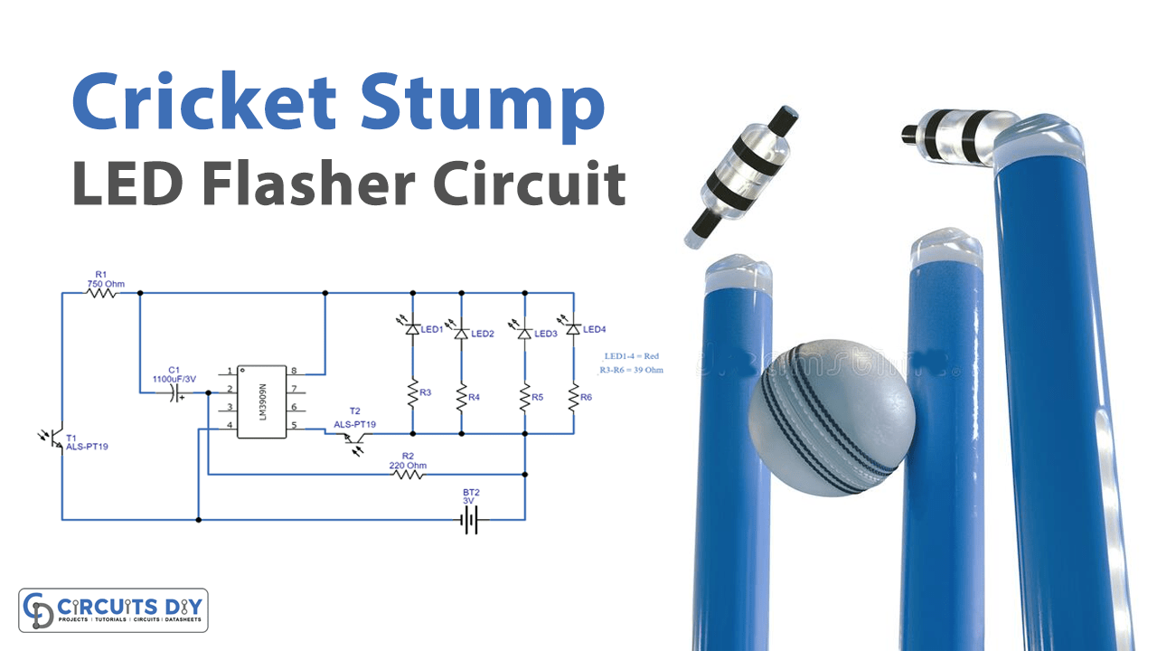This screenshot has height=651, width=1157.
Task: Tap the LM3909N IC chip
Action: coord(262,401)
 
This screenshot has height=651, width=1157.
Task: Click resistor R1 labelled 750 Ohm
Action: coord(102,293)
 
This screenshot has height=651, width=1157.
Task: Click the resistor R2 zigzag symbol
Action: coord(408,474)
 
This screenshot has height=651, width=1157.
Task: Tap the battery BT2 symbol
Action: coord(469,520)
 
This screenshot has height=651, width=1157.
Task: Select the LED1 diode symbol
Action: coord(412,331)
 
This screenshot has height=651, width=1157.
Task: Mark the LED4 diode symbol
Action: coord(572,330)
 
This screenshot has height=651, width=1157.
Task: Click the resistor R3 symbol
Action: coord(412,394)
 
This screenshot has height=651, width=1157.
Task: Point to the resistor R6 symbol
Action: coord(572,395)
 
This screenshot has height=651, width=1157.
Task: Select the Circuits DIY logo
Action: coord(114,610)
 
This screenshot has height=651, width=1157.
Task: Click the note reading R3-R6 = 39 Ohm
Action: coord(632,370)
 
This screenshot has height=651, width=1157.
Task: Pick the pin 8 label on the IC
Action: coord(294,372)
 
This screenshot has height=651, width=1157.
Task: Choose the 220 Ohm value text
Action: coord(408,466)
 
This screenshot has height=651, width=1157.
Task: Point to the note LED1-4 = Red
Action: coord(632,355)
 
